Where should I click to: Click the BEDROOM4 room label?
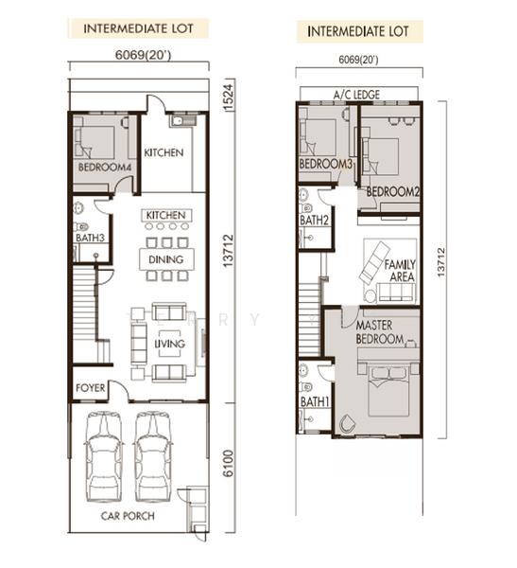point(105,167)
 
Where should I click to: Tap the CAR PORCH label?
point(128,516)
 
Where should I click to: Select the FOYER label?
point(90,387)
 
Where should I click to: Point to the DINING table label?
point(166,259)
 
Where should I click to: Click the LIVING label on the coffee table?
point(170,344)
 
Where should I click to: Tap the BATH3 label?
point(90,238)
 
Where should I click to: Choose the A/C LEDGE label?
point(356,95)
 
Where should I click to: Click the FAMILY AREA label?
point(400,271)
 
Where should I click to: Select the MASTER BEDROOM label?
point(380,332)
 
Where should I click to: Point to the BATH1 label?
point(315,401)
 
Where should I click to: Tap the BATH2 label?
point(314,220)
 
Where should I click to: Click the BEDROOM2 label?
point(393,191)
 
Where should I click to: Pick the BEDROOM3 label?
point(326,164)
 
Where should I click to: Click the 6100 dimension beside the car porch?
point(228,463)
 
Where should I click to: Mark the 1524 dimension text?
point(229,98)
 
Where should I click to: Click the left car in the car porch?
point(104,456)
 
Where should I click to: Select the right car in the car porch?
point(153,456)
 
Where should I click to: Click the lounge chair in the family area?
point(375,261)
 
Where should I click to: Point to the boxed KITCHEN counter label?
point(166,215)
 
